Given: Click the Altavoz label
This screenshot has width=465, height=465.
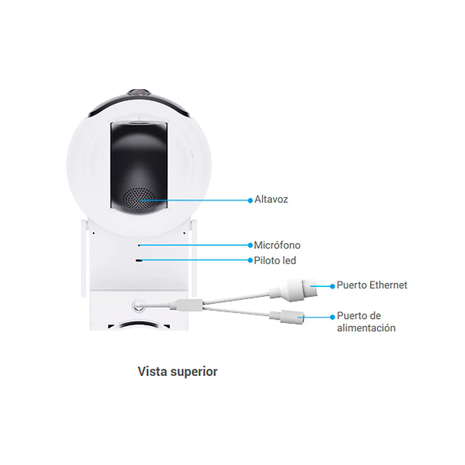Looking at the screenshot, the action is [x=271, y=199].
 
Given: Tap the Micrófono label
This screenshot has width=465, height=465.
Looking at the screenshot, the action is [x=277, y=245].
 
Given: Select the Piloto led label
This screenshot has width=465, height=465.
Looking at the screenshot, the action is [x=275, y=260].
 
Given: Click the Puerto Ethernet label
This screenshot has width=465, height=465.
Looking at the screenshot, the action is [x=372, y=285].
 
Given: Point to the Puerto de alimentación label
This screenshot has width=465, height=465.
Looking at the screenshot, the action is [x=366, y=322].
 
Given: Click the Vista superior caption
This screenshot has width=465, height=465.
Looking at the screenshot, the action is [x=177, y=371].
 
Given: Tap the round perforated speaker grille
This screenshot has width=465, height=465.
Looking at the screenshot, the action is [x=139, y=199].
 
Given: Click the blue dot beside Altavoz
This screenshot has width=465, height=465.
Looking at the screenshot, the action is [x=250, y=201].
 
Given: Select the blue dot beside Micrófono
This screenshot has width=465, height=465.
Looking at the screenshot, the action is [x=250, y=245].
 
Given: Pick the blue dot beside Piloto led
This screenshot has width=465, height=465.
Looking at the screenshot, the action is [x=250, y=260].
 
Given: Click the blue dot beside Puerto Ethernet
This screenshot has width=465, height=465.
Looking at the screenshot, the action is [x=332, y=286].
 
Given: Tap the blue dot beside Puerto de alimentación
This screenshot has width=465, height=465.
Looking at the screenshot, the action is [x=332, y=317].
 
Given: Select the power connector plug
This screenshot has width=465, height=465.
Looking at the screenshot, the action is [x=287, y=316].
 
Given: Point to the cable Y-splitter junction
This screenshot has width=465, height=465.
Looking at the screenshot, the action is [x=186, y=305].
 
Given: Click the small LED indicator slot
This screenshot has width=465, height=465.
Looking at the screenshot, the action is [x=139, y=260].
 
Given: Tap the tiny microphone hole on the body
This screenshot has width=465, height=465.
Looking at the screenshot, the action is [x=139, y=246].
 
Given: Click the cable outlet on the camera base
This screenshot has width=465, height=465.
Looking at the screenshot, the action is [x=138, y=305].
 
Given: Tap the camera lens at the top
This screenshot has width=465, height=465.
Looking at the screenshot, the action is [x=139, y=93].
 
